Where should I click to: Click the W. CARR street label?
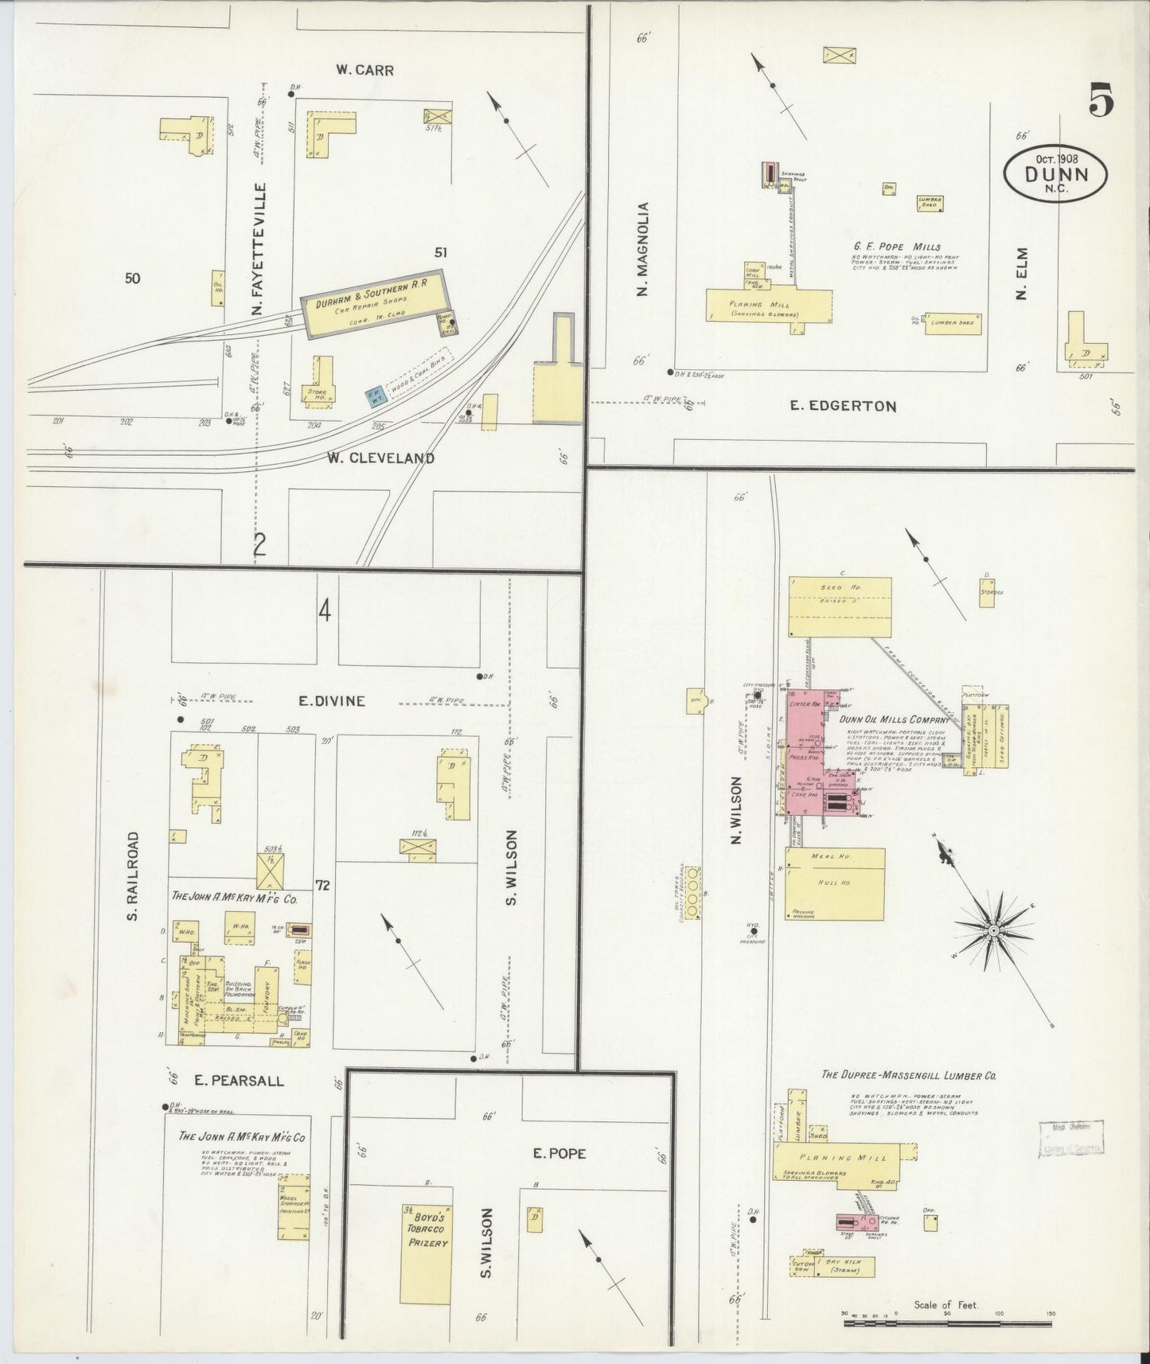(x=364, y=70)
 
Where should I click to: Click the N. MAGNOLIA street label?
(x=643, y=249)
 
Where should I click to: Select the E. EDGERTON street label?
(x=843, y=406)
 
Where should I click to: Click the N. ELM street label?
(x=1023, y=273)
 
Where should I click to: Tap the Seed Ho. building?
(x=840, y=607)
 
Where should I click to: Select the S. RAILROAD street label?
(x=133, y=876)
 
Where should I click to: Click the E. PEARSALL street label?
(x=239, y=1081)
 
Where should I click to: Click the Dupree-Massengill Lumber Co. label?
(x=909, y=1075)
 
